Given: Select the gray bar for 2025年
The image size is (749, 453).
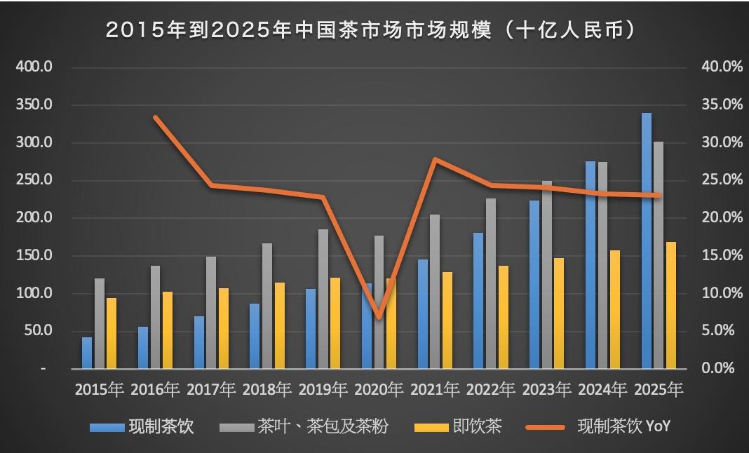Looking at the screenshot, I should pyautogui.click(x=659, y=255).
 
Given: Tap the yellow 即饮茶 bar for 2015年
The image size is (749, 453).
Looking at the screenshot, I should pyautogui.click(x=112, y=333).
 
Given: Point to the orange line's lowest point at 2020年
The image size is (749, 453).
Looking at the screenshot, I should pyautogui.click(x=379, y=318).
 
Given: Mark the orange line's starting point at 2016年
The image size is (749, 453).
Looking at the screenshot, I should pyautogui.click(x=156, y=117).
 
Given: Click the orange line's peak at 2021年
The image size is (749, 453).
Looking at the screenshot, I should pyautogui.click(x=436, y=160).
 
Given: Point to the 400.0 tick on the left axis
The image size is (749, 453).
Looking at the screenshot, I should pyautogui.click(x=34, y=67).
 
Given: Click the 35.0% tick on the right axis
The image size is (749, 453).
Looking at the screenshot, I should pyautogui.click(x=721, y=105).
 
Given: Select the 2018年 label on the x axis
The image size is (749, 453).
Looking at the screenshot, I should pyautogui.click(x=267, y=389).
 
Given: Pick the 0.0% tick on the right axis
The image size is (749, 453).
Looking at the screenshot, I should pyautogui.click(x=721, y=368).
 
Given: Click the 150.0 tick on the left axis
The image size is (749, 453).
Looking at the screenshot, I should pyautogui.click(x=34, y=256).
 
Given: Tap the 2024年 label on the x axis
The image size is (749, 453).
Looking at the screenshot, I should pyautogui.click(x=602, y=389).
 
